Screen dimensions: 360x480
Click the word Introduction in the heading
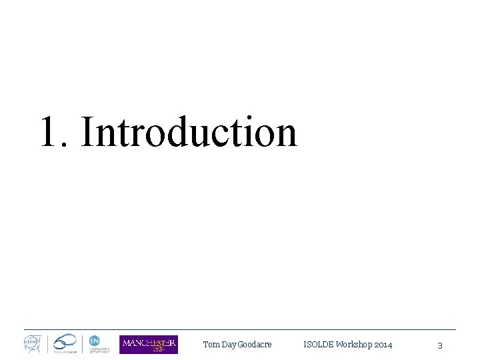(189, 131)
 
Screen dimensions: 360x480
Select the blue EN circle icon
(94, 339)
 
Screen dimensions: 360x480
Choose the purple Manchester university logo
(149, 344)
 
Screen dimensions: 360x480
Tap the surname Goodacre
(255, 345)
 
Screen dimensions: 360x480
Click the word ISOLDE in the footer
(318, 345)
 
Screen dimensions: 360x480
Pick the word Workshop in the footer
(354, 345)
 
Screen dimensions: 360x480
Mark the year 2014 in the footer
(383, 345)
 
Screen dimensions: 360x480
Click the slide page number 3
(440, 345)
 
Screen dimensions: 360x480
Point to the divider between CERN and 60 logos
(47, 344)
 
